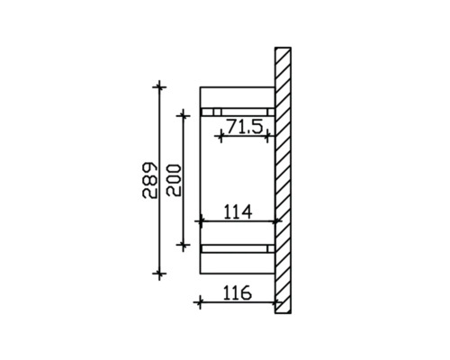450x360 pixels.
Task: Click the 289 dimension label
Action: pos(150,180)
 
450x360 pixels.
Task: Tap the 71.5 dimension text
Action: pos(244,127)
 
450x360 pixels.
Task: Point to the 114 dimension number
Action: pos(236,211)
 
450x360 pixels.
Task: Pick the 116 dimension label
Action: pos(236,293)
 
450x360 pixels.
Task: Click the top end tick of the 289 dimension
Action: pos(160,86)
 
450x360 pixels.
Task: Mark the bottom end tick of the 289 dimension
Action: pos(160,273)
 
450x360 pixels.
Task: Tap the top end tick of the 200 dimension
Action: pos(184,112)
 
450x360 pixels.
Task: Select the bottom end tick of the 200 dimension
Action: pos(184,243)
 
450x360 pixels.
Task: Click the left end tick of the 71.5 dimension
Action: pos(220,136)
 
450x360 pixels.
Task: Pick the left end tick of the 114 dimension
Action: pos(200,220)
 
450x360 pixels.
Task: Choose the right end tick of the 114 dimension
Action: pos(276,220)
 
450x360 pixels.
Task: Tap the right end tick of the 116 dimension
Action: pos(276,302)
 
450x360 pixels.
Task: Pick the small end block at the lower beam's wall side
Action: pos(271,247)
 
